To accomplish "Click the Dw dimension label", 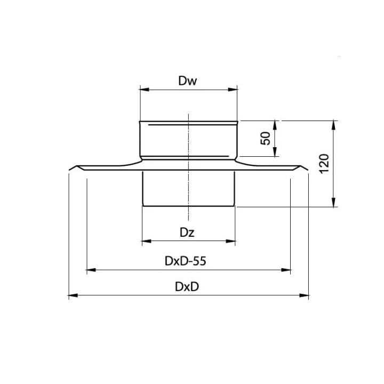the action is [187, 81].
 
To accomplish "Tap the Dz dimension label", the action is [187, 233].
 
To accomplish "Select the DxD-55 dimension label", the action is [186, 261].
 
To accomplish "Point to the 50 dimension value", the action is [266, 138].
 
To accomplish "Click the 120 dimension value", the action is [324, 164].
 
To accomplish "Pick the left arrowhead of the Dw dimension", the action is [144, 90].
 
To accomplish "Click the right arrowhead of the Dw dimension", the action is [233, 90].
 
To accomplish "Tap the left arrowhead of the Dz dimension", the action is [147, 241].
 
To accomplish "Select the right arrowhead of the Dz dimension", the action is [231, 241].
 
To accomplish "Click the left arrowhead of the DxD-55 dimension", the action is [91, 270].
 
